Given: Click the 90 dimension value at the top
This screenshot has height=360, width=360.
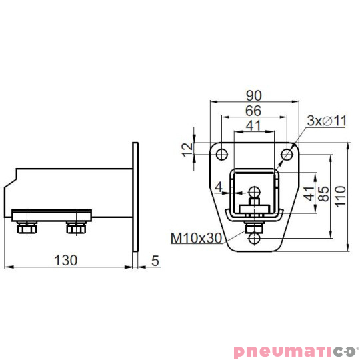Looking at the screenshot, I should pos(253,95).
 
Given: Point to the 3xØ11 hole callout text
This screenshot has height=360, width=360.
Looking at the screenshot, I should pos(327,121).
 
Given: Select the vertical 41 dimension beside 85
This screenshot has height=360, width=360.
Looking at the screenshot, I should pos(308,195).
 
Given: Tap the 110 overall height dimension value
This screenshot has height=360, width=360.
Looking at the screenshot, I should pos(340,197).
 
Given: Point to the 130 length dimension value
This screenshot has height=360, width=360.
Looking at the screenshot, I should pos(65,259).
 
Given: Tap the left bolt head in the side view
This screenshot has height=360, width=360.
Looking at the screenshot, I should pos(27,229).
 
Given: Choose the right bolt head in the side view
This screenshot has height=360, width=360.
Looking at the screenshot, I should pos(76,229).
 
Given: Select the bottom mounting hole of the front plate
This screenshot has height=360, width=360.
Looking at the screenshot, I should pos(254,238).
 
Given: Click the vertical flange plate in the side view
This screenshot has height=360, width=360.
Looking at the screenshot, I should pos(136,196).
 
